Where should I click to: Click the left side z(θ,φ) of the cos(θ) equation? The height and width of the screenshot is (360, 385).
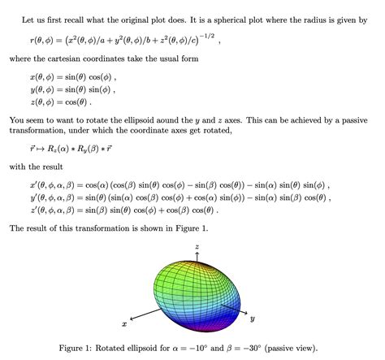pos(44,102)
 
